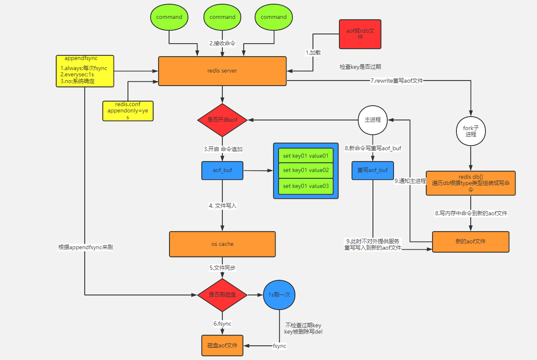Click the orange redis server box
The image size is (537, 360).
point(222,71)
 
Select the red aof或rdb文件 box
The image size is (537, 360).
point(360,34)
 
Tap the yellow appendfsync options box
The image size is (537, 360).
point(85,71)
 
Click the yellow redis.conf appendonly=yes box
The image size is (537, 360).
point(128,111)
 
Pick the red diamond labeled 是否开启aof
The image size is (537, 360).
point(222,120)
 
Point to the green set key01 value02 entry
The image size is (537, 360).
point(305,170)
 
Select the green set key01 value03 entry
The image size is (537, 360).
point(305,186)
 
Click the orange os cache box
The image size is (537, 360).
point(222,244)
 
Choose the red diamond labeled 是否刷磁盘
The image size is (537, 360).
point(222,295)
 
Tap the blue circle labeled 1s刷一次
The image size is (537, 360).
point(279,295)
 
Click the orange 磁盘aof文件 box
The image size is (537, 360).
point(222,345)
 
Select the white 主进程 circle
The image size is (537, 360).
point(373,120)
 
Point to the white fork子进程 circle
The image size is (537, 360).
point(471,131)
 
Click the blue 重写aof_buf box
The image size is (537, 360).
point(373,170)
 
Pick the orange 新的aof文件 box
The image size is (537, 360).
point(470,242)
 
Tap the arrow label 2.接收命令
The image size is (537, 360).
point(222,43)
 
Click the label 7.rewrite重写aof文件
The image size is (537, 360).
point(396,81)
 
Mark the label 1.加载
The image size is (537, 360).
point(313,52)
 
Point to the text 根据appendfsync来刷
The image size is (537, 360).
point(85,247)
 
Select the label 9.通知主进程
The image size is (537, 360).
point(410,181)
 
